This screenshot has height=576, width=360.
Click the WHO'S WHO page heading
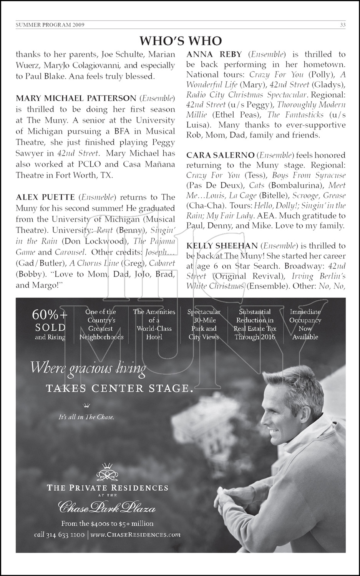point(181,41)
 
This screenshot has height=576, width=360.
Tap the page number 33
point(343,25)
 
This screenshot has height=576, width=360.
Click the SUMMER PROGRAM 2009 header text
point(50,25)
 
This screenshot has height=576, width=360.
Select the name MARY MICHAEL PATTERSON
point(76,98)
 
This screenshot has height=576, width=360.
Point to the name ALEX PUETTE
point(45,197)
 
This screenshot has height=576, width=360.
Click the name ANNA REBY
point(215,54)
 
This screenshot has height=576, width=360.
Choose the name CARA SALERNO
point(220,155)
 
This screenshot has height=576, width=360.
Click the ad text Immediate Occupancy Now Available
point(305,324)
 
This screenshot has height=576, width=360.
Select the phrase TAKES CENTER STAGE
point(119,389)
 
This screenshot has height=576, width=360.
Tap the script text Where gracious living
point(88,368)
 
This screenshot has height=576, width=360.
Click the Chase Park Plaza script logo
point(107,508)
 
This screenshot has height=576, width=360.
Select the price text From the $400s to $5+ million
point(107,523)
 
